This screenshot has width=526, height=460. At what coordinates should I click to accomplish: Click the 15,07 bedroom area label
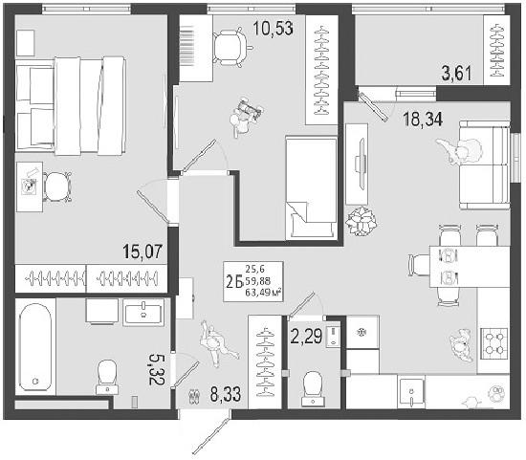142,252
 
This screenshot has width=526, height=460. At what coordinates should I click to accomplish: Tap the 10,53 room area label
274,28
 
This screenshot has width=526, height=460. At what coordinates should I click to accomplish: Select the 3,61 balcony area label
456,74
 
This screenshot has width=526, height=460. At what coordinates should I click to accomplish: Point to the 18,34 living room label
423,119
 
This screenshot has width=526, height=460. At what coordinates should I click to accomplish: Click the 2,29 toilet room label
306,337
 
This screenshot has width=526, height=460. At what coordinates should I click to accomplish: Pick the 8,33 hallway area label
226,394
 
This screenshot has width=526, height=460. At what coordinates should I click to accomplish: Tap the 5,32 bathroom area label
156,369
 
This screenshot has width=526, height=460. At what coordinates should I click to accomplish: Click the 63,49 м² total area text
263,293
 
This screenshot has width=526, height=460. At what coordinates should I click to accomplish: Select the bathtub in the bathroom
35,347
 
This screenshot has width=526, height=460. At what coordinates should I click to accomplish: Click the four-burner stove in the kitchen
494,344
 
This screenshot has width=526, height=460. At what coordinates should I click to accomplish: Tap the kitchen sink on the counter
411,391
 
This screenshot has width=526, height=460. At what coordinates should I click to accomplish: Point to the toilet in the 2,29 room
313,388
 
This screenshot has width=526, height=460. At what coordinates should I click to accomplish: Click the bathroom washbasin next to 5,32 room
143,313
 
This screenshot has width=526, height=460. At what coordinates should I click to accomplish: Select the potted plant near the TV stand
362,221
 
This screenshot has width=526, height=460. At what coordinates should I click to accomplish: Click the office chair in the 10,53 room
230,47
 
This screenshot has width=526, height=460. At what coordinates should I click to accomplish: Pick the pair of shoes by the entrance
194,396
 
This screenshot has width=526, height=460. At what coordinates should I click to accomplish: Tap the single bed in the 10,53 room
311,187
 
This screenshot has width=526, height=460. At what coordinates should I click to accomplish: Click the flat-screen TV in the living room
361,164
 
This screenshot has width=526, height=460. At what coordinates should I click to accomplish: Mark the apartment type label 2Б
234,281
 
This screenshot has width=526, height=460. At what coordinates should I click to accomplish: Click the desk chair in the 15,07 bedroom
56,186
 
